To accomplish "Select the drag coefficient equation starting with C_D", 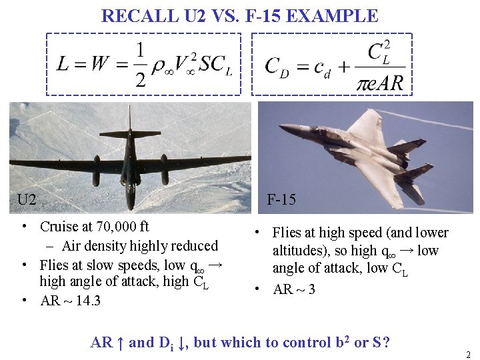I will coord(333,65).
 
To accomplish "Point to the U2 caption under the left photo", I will coord(27,199).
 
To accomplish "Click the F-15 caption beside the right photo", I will coord(281,199).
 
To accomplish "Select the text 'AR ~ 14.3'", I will coord(71,301).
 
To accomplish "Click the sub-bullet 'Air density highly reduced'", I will coord(141,246).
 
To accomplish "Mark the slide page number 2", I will coord(469,355).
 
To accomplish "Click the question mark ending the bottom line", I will coord(386,343).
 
